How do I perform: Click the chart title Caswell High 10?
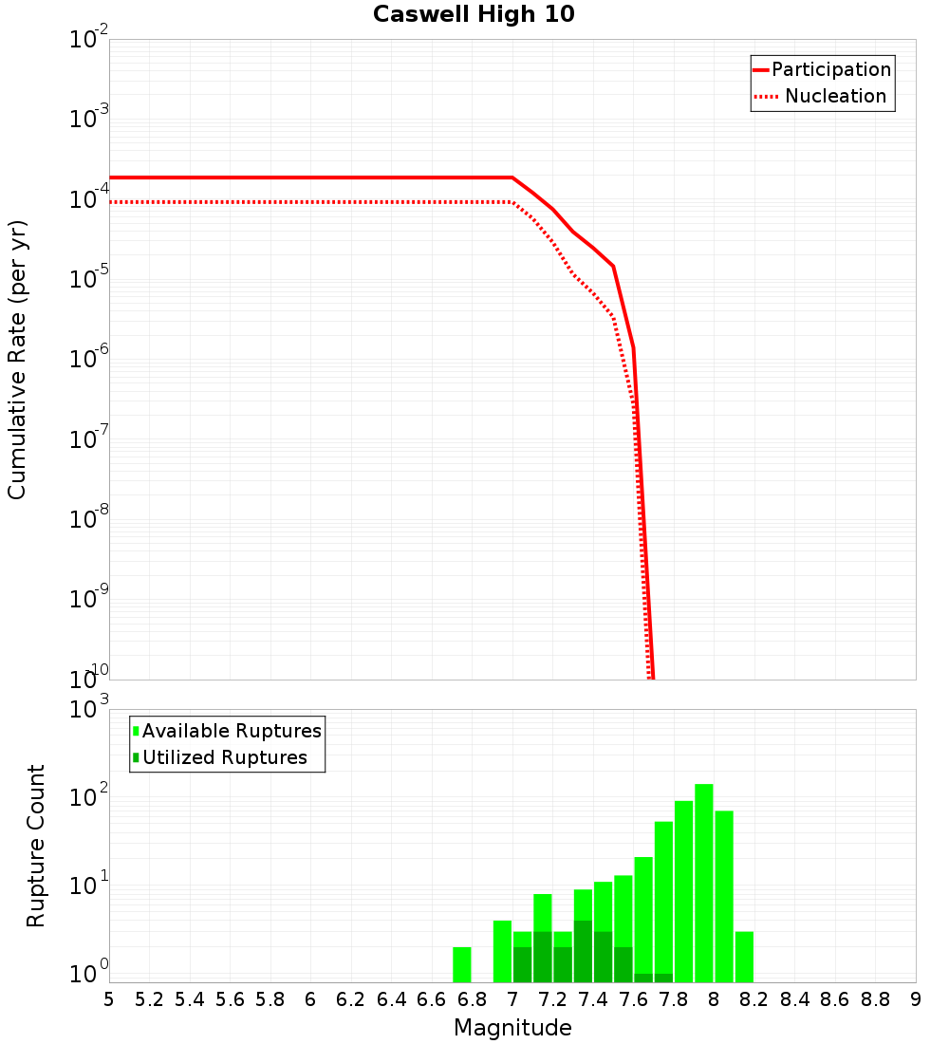474,14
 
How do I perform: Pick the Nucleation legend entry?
835,96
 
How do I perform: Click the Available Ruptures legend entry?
232,731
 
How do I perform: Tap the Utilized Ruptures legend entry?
224,757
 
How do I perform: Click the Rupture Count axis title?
36,846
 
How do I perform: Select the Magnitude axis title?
512,1027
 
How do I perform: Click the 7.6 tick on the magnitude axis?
633,999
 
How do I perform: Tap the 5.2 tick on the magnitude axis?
150,999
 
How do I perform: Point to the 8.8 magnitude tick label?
875,999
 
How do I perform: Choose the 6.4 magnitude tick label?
391,999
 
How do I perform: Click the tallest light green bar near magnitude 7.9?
703,883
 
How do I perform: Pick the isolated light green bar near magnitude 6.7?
462,964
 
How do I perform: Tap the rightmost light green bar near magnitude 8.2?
744,957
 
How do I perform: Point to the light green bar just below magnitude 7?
502,951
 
